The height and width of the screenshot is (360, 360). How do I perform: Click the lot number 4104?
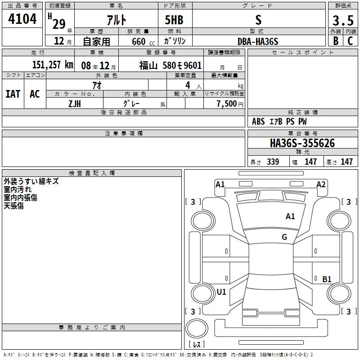(22, 19)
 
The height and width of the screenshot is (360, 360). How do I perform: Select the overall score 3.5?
(343, 20)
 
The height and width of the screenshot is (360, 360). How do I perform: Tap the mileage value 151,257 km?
(53, 65)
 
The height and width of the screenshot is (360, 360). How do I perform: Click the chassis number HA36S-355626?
(302, 143)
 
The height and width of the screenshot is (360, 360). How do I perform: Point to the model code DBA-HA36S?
(258, 41)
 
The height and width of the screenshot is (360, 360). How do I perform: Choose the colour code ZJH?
(75, 104)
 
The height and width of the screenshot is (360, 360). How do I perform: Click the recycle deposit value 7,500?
(227, 103)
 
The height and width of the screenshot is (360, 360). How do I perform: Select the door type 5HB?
(174, 20)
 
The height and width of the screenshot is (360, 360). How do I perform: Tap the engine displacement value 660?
(139, 41)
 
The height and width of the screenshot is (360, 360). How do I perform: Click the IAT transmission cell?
(13, 94)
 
